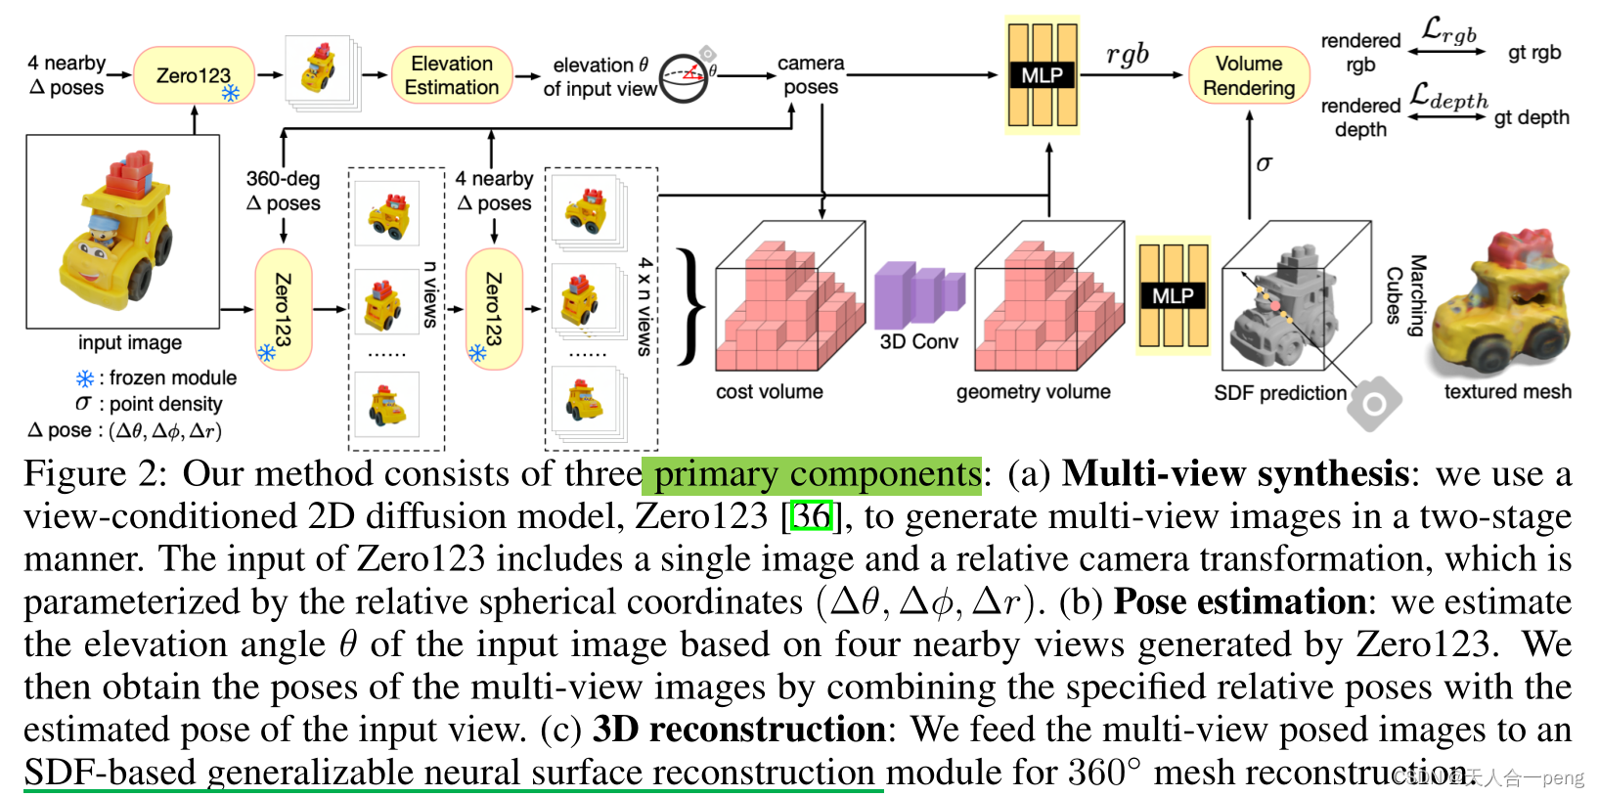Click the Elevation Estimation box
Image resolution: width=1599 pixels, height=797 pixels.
click(x=451, y=75)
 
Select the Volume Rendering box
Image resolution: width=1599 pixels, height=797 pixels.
click(x=1248, y=75)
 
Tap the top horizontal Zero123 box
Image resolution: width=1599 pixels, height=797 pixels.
click(x=193, y=75)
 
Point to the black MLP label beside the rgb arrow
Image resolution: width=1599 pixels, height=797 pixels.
click(x=1042, y=75)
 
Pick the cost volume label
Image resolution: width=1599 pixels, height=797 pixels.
click(x=769, y=392)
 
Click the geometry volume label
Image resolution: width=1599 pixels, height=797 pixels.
click(x=1033, y=392)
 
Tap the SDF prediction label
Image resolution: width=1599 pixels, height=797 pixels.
click(x=1279, y=393)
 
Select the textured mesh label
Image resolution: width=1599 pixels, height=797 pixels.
click(x=1507, y=392)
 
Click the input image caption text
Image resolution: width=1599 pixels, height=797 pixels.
click(x=130, y=343)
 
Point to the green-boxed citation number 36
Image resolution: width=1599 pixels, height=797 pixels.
click(x=812, y=515)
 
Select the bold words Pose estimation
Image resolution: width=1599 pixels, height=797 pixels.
click(x=1239, y=601)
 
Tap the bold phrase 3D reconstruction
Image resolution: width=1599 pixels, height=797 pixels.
click(x=738, y=730)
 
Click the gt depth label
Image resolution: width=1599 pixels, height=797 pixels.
click(x=1531, y=117)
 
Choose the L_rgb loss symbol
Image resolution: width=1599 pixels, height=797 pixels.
click(x=1448, y=30)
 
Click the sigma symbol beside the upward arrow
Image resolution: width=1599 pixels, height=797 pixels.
click(x=1264, y=163)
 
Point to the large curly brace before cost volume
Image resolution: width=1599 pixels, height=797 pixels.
click(x=691, y=306)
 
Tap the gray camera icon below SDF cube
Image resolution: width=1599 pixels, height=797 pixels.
click(x=1374, y=403)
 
